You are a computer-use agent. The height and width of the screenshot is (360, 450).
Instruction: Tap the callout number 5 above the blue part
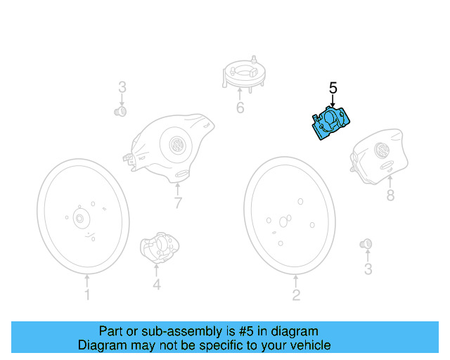[x=333, y=88]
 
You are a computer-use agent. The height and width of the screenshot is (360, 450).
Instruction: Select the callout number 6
[x=240, y=108]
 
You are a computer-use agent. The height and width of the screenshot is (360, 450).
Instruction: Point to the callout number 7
[x=178, y=203]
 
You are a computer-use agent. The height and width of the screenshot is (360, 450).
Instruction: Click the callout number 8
[x=390, y=195]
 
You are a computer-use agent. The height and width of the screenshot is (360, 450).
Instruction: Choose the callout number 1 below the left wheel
[x=87, y=295]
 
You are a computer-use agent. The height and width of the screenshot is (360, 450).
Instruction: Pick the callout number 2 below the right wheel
[x=296, y=295]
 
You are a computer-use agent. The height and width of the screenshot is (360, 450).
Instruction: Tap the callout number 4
[x=157, y=284]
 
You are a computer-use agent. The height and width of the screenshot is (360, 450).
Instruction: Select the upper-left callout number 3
[x=122, y=88]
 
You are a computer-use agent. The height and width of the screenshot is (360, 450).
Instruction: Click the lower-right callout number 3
[x=368, y=269]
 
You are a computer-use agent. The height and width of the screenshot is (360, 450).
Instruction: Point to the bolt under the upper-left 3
[x=120, y=110]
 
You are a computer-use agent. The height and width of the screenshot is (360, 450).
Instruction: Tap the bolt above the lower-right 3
[x=366, y=245]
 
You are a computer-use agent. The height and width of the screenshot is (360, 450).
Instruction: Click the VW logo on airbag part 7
[x=178, y=147]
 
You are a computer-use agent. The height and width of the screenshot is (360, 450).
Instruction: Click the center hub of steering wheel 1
[x=79, y=219]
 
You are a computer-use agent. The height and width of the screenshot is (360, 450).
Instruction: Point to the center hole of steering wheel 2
[x=283, y=221]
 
